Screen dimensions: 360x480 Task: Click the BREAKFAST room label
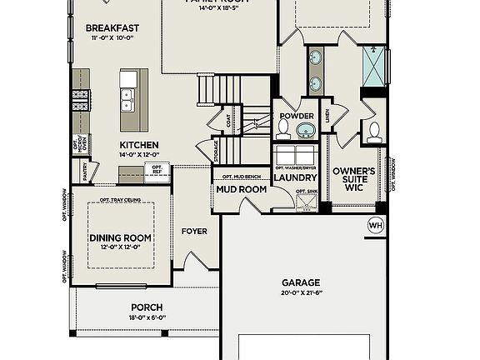[112, 27]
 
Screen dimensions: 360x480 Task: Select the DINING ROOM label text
[120, 237]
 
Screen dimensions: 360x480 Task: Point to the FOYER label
[194, 231]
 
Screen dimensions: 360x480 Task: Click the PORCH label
[146, 307]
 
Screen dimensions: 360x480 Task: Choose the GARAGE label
[300, 282]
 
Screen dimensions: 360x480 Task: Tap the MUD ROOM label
[242, 189]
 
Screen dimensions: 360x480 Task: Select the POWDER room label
[297, 116]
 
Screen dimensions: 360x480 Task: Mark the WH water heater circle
[375, 224]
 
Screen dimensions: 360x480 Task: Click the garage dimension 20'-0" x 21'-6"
[300, 293]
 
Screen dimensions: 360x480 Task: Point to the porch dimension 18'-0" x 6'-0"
[146, 317]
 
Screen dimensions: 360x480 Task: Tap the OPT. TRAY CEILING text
[120, 200]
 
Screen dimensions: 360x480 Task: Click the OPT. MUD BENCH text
[241, 177]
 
